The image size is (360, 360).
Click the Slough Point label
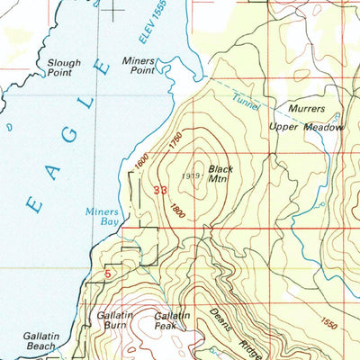pyautogui.click(x=64, y=68)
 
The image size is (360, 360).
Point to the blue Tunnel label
pyautogui.click(x=245, y=102)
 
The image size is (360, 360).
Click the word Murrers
pyautogui.click(x=306, y=108)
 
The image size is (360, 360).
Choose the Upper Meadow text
pyautogui.click(x=307, y=128)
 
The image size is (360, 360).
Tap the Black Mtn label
pyautogui.click(x=220, y=174)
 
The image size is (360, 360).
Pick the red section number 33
pyautogui.click(x=161, y=190)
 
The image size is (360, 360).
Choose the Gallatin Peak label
pyautogui.click(x=171, y=320)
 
